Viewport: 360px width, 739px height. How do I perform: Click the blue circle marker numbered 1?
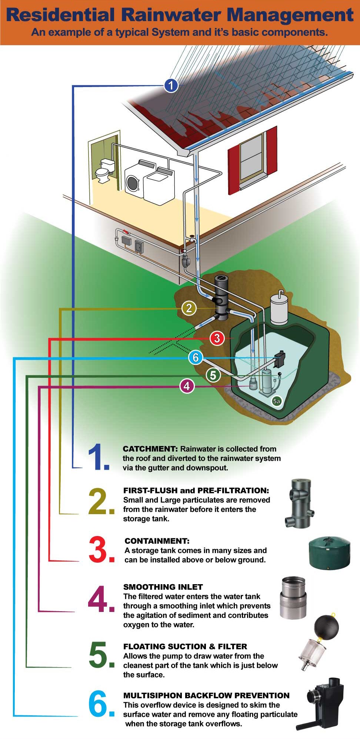tap(171, 86)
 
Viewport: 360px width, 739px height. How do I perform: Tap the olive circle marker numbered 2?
tap(189, 308)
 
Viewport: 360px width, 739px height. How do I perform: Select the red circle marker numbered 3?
tap(217, 338)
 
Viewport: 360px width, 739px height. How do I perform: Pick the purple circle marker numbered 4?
tap(187, 386)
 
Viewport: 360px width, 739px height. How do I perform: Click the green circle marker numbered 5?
tap(213, 375)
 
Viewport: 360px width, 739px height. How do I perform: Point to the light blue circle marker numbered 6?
tap(196, 357)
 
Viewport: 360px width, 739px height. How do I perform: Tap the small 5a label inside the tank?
tap(276, 401)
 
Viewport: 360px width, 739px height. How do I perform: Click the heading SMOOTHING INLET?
tap(163, 587)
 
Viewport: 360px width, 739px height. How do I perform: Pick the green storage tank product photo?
tap(329, 553)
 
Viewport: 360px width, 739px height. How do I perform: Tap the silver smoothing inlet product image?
tap(293, 598)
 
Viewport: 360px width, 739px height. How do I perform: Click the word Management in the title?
tap(290, 15)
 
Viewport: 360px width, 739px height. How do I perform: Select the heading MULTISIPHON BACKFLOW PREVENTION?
tap(206, 695)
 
